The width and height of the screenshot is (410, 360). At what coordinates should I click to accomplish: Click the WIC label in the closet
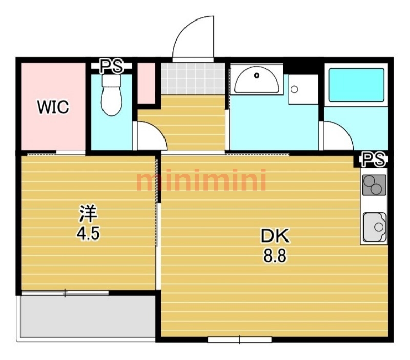[x=53, y=107]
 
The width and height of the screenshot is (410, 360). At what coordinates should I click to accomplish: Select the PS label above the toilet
[x=112, y=67]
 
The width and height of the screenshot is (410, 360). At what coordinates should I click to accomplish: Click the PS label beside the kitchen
[x=373, y=159]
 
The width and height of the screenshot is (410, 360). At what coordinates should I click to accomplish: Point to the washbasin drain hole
[x=257, y=75]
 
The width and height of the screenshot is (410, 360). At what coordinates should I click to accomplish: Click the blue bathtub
[x=356, y=85]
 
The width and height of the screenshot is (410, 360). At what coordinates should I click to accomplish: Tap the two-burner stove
[x=374, y=185]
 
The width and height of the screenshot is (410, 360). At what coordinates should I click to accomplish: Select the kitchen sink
[x=375, y=227]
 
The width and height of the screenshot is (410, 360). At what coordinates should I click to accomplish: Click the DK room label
[x=275, y=235]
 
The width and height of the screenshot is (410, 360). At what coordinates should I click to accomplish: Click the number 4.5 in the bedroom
[x=88, y=233]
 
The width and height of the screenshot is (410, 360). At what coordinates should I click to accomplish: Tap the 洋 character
[x=88, y=213]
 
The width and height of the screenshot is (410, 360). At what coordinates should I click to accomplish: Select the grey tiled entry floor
[x=193, y=78]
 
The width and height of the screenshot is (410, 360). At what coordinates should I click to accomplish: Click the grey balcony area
[x=88, y=316]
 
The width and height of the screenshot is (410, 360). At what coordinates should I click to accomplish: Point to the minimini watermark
[x=201, y=179]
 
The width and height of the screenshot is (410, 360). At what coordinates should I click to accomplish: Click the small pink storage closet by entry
[x=147, y=83]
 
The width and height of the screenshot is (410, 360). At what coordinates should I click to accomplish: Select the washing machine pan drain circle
[x=294, y=89]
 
